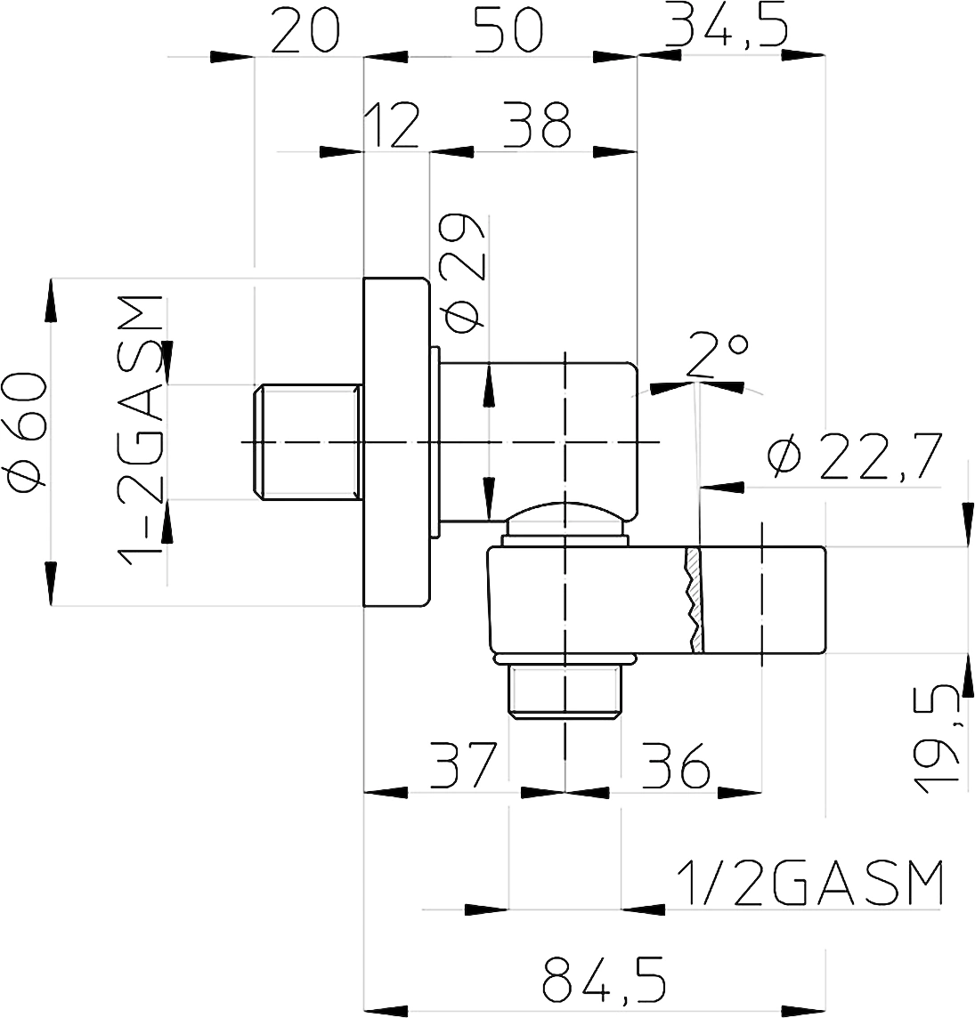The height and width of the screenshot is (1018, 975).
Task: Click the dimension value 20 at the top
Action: (x=305, y=30)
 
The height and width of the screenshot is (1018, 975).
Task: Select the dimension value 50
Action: (x=508, y=30)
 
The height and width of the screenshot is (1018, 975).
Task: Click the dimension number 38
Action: (x=537, y=125)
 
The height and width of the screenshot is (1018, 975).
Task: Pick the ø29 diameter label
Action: (x=462, y=272)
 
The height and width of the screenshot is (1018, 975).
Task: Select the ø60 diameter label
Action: (x=26, y=432)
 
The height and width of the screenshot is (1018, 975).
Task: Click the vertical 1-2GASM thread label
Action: (x=139, y=430)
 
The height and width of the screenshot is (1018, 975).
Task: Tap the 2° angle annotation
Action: (x=716, y=355)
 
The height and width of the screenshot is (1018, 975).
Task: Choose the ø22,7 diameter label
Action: (x=854, y=457)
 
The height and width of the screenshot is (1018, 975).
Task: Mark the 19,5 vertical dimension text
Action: (x=937, y=739)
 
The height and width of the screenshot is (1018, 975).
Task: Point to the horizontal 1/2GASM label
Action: (x=809, y=884)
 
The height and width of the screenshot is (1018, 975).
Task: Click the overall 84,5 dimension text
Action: (x=604, y=978)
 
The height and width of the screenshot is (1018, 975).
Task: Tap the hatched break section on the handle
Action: (x=694, y=600)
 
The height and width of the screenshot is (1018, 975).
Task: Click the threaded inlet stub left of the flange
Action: (x=307, y=443)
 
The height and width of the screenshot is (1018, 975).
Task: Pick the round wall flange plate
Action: (x=396, y=442)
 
